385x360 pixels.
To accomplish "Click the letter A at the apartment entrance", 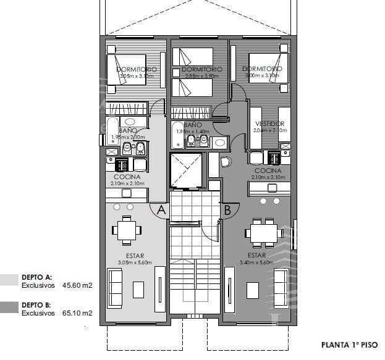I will (x=161, y=210).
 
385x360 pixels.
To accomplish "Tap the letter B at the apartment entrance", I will (x=227, y=210).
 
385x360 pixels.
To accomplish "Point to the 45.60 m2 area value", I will (x=77, y=286).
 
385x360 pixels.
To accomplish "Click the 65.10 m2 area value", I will (x=77, y=313).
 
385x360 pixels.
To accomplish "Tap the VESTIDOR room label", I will (x=270, y=123).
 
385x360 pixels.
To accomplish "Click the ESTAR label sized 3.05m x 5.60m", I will (x=135, y=255).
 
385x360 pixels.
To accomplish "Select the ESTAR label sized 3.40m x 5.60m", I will (x=256, y=255).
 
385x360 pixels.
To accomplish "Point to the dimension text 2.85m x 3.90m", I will (x=198, y=77).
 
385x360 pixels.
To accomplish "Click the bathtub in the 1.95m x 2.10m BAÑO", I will (x=112, y=132).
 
